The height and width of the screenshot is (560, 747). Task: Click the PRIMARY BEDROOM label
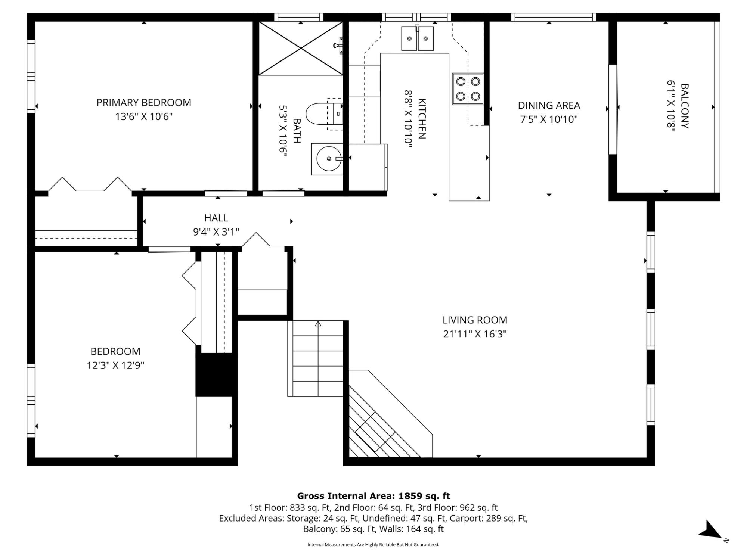point(144,102)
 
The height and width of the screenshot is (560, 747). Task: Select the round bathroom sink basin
point(329,159)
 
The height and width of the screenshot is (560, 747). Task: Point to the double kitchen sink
point(418,38)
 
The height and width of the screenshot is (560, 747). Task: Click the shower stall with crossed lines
point(301,48)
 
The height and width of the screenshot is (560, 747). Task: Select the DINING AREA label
point(549,105)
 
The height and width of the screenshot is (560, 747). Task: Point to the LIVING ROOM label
point(475,320)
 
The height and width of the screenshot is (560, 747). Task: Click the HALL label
point(216,218)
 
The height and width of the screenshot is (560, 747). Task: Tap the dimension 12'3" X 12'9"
point(115,365)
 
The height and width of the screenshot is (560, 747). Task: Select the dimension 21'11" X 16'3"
point(475,334)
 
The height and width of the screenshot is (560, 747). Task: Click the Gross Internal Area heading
point(373,496)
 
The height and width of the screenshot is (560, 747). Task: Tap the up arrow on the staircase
point(318,324)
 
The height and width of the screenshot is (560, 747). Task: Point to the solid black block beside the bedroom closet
point(216,374)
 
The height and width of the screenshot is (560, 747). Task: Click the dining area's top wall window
point(554,17)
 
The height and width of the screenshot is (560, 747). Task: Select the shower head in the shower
point(338,45)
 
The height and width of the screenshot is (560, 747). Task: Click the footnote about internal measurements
point(373,545)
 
